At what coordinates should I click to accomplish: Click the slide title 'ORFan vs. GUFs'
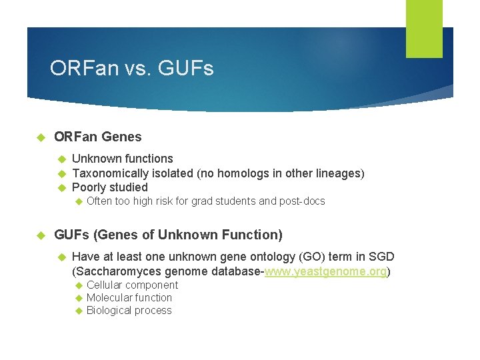tap(131, 69)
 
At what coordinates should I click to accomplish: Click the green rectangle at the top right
tap(424, 28)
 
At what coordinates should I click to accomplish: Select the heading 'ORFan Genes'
tap(97, 137)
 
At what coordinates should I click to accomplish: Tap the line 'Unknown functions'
tap(122, 159)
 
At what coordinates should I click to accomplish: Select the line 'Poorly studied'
tap(109, 187)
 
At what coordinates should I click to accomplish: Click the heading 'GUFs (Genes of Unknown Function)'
tap(168, 235)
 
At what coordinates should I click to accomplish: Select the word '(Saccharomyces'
tap(112, 271)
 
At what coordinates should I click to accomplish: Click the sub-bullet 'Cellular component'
tap(132, 285)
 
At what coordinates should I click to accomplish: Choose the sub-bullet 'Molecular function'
tap(129, 298)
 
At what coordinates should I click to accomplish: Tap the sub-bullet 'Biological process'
tap(129, 311)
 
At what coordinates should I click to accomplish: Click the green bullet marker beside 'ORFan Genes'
tap(40, 137)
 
